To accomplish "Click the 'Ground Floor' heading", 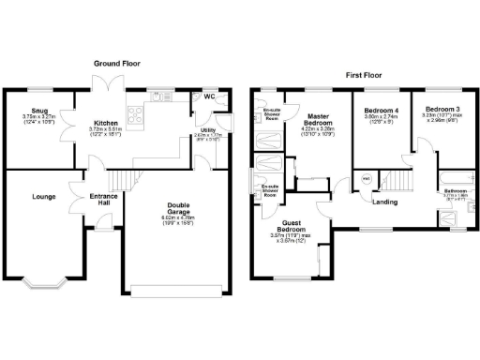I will pos(116,63).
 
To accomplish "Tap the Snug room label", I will pos(37,112).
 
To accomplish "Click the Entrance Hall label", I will pos(102,199).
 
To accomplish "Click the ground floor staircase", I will pos(119,181).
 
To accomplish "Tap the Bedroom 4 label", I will pos(382,111).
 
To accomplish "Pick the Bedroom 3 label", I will pos(440,110).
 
